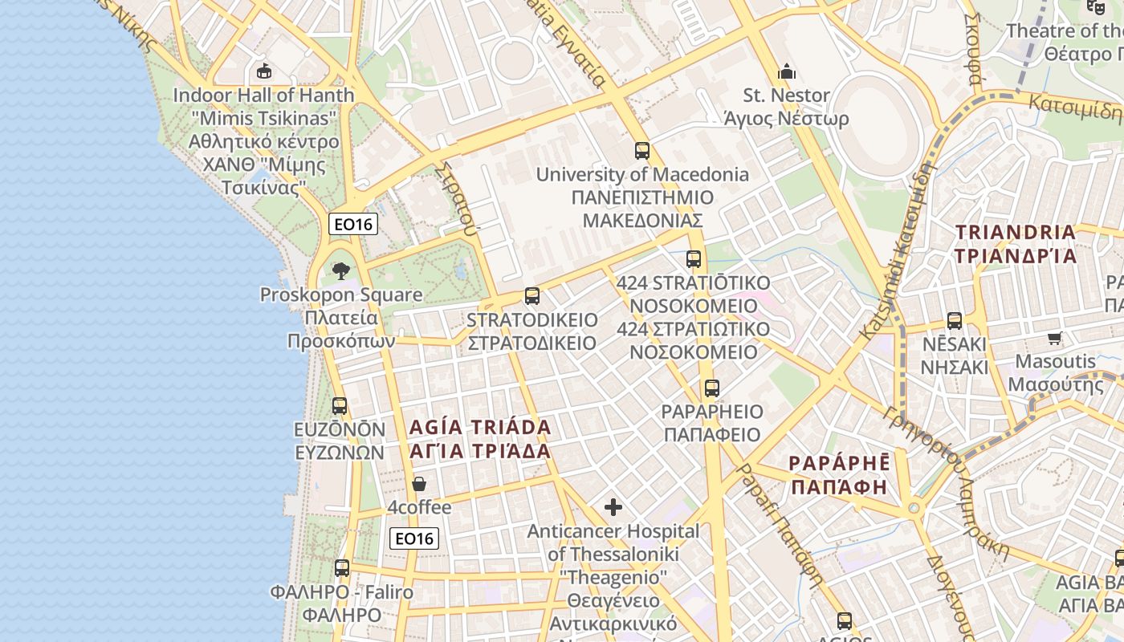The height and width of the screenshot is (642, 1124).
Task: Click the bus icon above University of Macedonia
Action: click(641, 150)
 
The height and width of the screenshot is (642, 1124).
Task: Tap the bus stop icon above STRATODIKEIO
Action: click(531, 296)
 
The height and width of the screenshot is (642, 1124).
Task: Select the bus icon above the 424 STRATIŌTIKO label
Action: click(694, 259)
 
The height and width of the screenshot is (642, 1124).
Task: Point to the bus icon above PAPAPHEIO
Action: click(711, 388)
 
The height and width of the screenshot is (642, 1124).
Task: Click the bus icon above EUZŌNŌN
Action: click(340, 406)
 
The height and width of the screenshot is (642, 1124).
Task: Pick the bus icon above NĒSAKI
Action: click(955, 321)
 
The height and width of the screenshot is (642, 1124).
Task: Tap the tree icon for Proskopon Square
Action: click(341, 270)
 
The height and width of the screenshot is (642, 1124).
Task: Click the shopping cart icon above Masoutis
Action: click(1055, 338)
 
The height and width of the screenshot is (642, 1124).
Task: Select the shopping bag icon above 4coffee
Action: click(419, 484)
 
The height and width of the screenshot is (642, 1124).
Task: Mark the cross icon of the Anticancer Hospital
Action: click(613, 507)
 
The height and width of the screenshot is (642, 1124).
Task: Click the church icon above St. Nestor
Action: click(787, 71)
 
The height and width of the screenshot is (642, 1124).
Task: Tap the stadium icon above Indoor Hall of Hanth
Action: click(263, 71)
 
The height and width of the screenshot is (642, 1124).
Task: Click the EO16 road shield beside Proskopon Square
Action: click(353, 224)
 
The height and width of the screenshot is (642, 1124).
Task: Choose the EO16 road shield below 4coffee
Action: click(414, 538)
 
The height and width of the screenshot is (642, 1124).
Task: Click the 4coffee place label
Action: click(419, 508)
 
